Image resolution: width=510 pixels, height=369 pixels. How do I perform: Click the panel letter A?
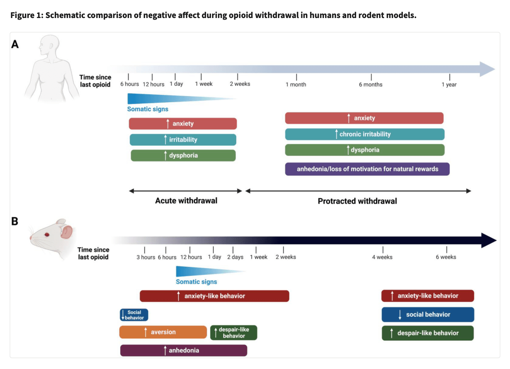tap(15, 44)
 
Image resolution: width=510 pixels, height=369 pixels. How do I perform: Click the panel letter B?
tap(15, 221)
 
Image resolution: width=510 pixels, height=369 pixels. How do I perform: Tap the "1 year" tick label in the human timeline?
tap(449, 84)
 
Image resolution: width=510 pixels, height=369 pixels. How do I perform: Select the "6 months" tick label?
tap(370, 84)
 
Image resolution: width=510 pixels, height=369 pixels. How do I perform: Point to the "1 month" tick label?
tap(296, 84)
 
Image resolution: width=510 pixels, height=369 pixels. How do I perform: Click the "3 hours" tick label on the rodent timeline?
tap(145, 257)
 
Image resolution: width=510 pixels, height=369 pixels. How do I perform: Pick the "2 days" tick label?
tap(235, 257)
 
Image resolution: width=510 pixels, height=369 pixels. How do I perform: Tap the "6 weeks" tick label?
tap(446, 257)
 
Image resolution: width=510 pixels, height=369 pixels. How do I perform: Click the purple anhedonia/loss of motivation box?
tap(367, 169)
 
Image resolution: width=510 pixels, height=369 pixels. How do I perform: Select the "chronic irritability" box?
tap(365, 134)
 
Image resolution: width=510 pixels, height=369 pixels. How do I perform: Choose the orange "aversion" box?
tap(163, 332)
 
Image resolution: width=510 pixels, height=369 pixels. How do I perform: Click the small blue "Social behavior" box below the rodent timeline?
tap(134, 315)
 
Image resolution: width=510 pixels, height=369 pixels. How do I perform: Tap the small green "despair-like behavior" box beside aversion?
tap(234, 333)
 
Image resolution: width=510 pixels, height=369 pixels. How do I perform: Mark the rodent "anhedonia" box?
tap(183, 350)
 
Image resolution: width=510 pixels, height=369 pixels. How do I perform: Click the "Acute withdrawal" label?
tap(186, 201)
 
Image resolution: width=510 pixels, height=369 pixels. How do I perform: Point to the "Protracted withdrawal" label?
tap(357, 201)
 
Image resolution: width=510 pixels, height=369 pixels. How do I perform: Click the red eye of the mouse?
tap(47, 234)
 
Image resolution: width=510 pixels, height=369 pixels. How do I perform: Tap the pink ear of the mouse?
tap(66, 231)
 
